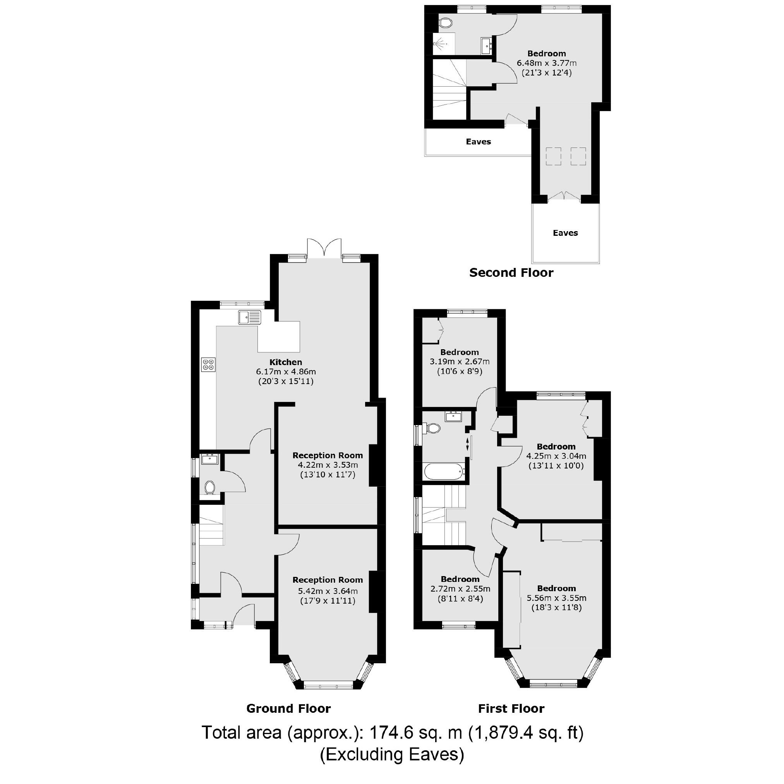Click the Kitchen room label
click(x=286, y=362)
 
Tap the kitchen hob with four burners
click(x=209, y=364)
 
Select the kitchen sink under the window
click(x=250, y=317)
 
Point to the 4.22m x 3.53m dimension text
click(x=328, y=465)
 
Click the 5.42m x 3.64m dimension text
click(x=328, y=591)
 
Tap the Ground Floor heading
click(x=288, y=709)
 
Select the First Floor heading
click(x=511, y=709)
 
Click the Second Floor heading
click(x=511, y=273)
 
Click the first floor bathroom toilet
click(x=432, y=428)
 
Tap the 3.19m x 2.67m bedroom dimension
click(x=459, y=362)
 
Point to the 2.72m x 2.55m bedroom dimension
click(x=460, y=589)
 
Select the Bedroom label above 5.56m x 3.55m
click(x=556, y=588)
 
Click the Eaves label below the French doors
click(x=565, y=233)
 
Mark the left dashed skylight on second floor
click(x=553, y=156)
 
